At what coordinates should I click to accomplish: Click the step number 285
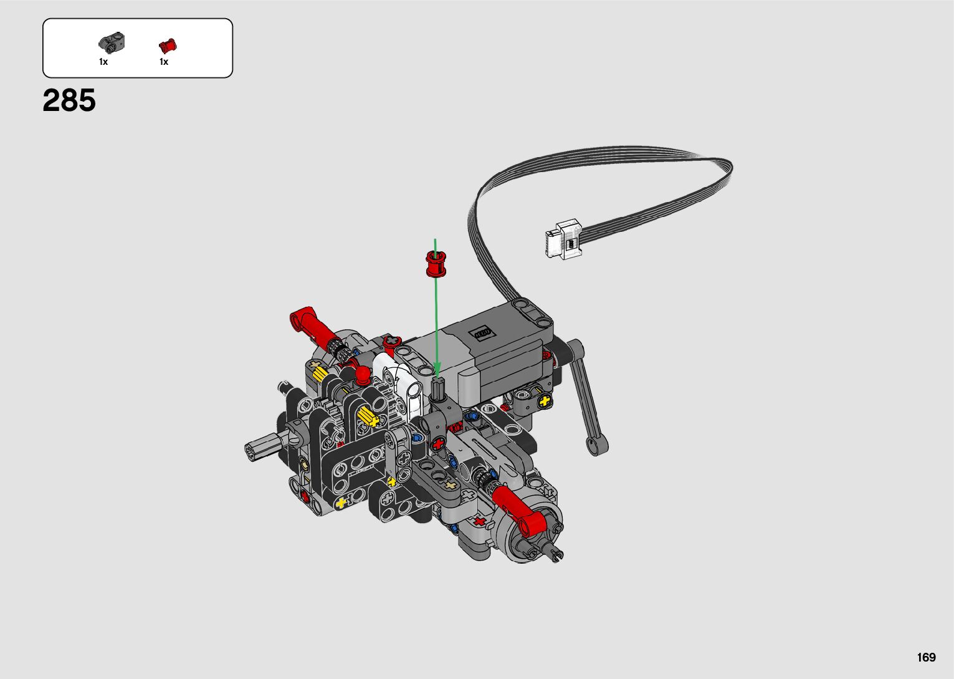(69, 100)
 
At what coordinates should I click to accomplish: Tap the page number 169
(927, 657)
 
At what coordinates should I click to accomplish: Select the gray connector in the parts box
(112, 43)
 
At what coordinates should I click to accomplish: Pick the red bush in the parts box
(168, 45)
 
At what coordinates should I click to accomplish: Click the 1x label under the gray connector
(103, 62)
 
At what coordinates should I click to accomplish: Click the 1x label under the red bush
(164, 62)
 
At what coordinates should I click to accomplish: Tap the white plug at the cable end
(563, 239)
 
